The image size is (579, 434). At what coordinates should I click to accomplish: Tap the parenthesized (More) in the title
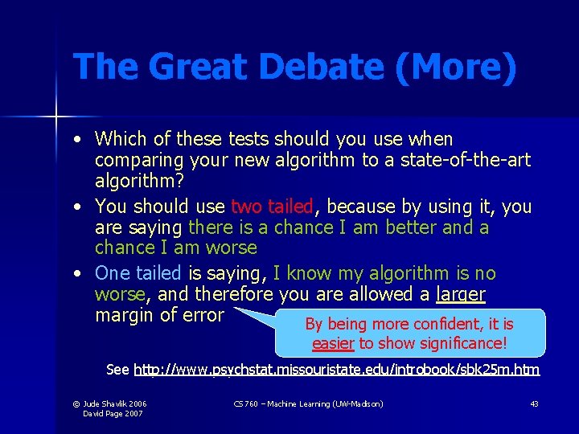[455, 67]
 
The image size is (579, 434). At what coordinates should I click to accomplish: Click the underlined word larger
[460, 294]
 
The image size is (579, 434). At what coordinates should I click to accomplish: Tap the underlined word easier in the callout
[333, 344]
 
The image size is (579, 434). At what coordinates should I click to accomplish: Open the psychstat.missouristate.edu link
[336, 371]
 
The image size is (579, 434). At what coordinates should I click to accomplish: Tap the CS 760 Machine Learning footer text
[308, 403]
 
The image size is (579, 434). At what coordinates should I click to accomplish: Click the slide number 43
[534, 403]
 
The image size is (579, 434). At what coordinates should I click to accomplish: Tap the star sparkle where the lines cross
[56, 117]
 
